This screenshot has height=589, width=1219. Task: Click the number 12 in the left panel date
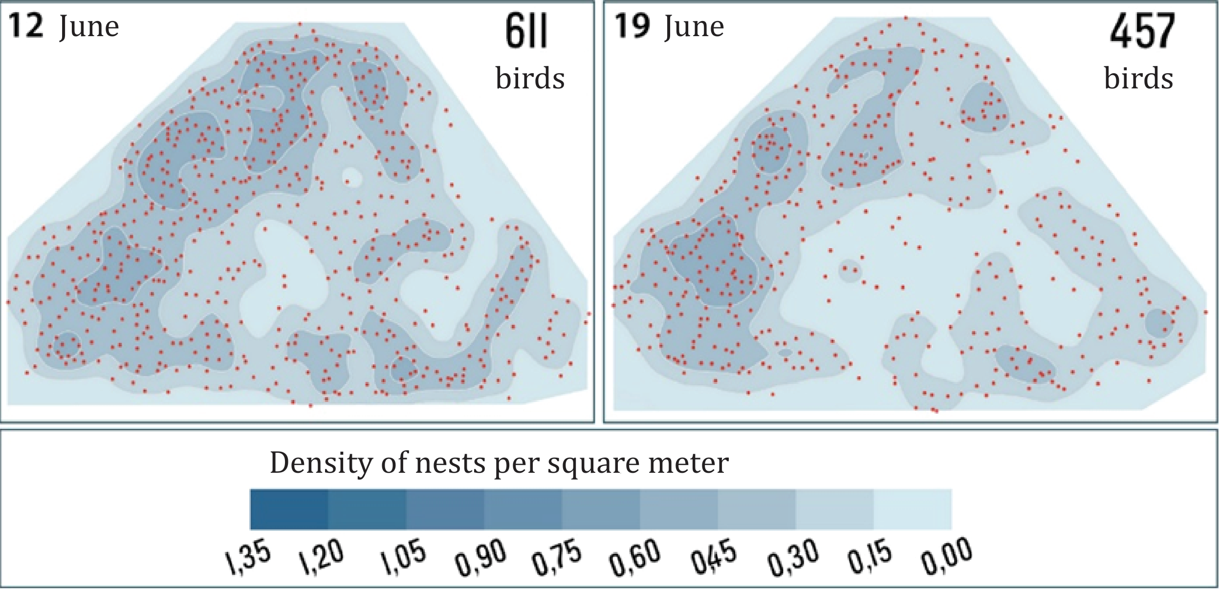[26, 26]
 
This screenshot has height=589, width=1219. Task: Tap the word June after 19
[694, 27]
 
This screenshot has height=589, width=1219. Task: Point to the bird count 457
[1142, 31]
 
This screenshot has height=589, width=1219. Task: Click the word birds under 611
[530, 78]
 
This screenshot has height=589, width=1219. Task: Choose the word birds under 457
[1138, 78]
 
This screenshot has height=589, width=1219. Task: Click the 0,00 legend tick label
[946, 557]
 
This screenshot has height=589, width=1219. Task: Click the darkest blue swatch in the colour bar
[289, 509]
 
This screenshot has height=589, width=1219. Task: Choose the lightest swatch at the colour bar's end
[913, 509]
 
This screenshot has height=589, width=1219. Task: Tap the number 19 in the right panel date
[632, 26]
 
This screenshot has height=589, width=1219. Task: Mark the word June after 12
[89, 27]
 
